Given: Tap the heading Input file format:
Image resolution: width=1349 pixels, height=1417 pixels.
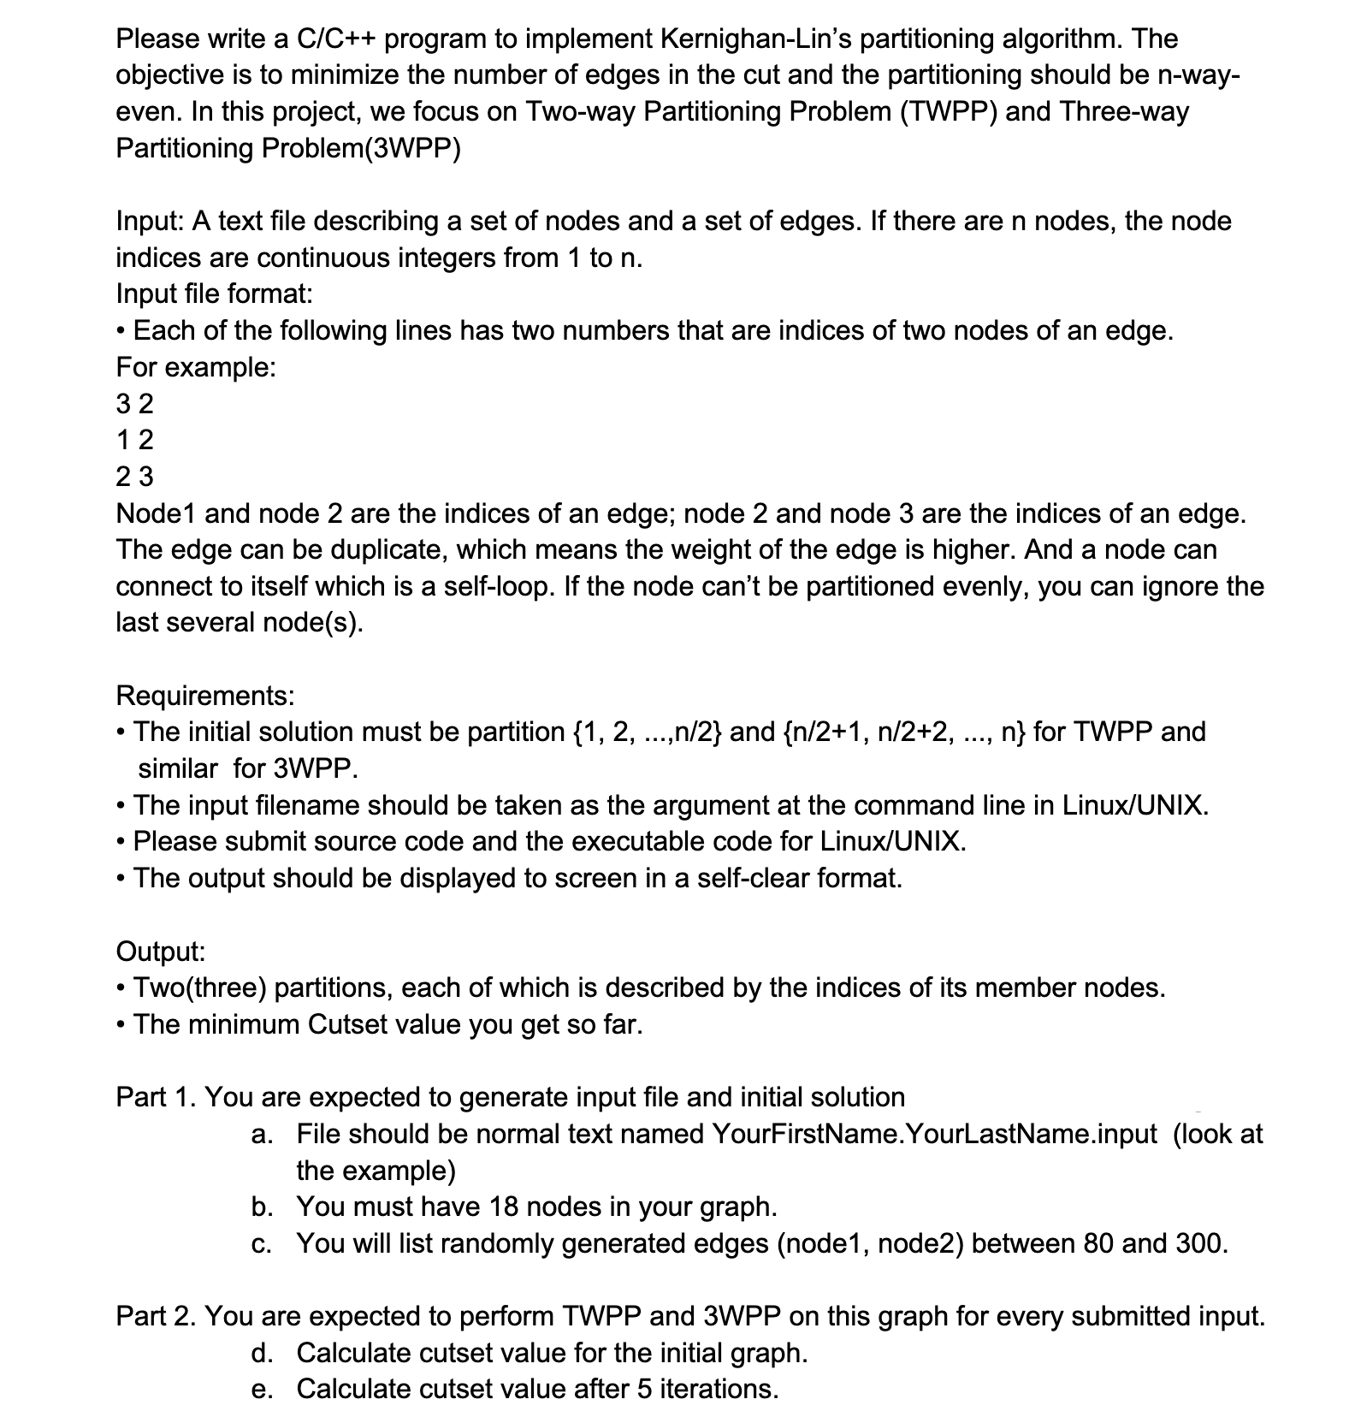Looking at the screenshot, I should point(214,294).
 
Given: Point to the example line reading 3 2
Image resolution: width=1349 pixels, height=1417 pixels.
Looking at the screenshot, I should point(134,403).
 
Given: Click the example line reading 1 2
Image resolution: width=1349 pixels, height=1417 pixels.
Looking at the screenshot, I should point(134,440).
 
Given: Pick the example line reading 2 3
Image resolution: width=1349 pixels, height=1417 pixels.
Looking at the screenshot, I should point(134,477).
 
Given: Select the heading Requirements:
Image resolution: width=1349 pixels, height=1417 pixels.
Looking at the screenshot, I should point(205,696).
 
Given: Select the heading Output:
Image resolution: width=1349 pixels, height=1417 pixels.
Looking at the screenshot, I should point(161,952).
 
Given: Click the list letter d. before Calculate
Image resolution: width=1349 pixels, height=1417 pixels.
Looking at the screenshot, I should point(262,1354).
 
